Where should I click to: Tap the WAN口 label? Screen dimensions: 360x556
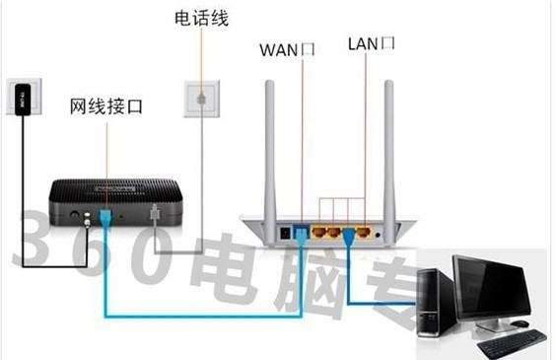pos(286,48)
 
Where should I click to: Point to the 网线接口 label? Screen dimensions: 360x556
pos(105,106)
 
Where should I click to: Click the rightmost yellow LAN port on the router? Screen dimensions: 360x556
pos(366,234)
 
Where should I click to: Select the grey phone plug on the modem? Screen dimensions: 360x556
pos(153,214)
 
